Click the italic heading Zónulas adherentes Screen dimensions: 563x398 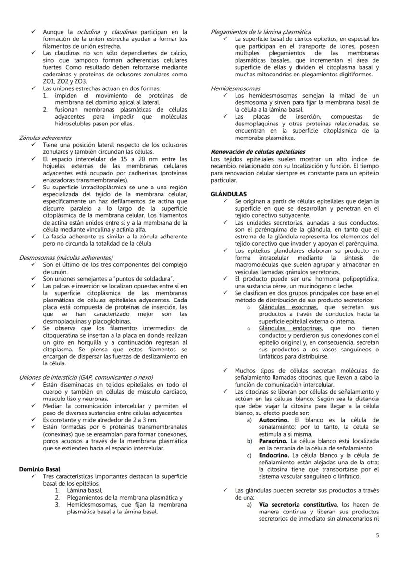tap(45, 138)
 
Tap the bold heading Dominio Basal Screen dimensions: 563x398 tap(39, 469)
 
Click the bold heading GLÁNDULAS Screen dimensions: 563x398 tap(228, 194)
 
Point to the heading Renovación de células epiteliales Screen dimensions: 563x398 tap(258, 151)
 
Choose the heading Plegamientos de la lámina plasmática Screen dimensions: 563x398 tap(261, 32)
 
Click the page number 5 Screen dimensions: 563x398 tap(377, 535)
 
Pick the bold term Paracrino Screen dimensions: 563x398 tap(274, 441)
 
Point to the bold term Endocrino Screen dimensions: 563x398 tap(274, 455)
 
